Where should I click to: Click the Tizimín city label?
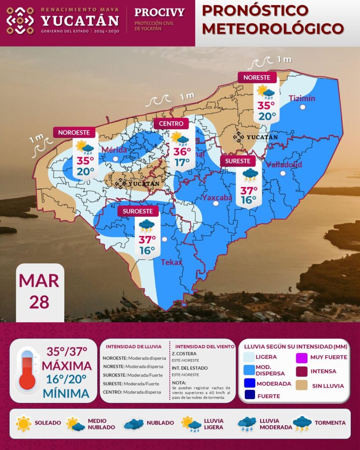click(x=302, y=98)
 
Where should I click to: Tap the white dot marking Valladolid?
click(x=283, y=173)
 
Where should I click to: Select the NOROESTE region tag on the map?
click(x=74, y=132)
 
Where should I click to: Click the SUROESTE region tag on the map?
click(x=138, y=211)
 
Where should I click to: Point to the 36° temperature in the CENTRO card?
click(x=182, y=152)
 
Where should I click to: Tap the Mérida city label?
click(x=114, y=150)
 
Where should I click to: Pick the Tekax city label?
click(x=171, y=262)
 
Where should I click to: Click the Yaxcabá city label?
click(x=217, y=197)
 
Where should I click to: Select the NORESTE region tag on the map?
click(x=257, y=77)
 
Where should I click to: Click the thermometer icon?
click(x=27, y=370)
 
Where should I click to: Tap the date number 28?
click(x=40, y=302)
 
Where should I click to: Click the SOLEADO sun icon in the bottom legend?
click(x=23, y=423)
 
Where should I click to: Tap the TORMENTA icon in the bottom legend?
click(x=302, y=424)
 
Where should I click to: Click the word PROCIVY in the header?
click(x=159, y=12)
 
